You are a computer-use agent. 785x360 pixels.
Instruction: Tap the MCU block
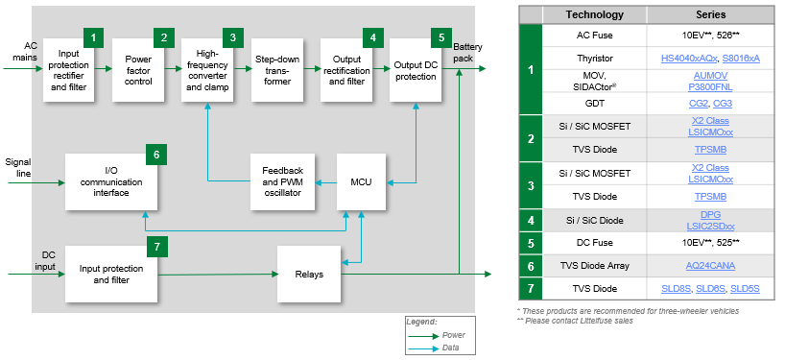(361, 181)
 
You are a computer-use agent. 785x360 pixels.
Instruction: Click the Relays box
(310, 274)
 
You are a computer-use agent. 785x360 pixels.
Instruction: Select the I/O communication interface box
(106, 181)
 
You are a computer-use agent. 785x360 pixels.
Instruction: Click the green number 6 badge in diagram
(156, 153)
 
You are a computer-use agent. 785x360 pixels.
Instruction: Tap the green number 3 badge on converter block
(231, 37)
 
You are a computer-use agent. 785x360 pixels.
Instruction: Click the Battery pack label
(466, 53)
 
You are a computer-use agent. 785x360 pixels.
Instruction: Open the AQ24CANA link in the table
(710, 266)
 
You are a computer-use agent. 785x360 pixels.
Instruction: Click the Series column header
(710, 14)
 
